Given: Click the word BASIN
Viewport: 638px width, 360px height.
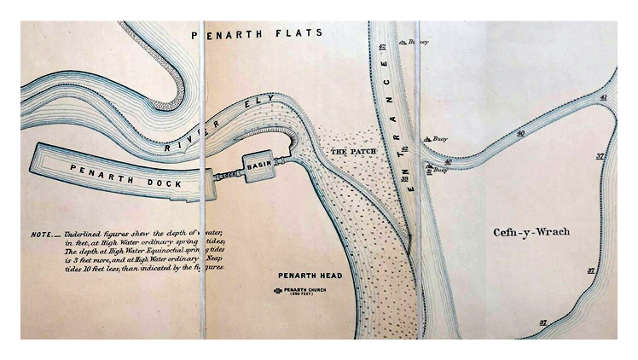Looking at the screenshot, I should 258,163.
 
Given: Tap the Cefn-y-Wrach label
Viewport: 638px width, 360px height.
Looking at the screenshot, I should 531,232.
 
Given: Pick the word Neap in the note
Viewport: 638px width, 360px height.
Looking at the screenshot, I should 212,257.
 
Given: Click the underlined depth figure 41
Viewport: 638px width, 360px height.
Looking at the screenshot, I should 603,99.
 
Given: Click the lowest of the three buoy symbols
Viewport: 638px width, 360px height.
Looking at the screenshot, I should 429,170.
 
